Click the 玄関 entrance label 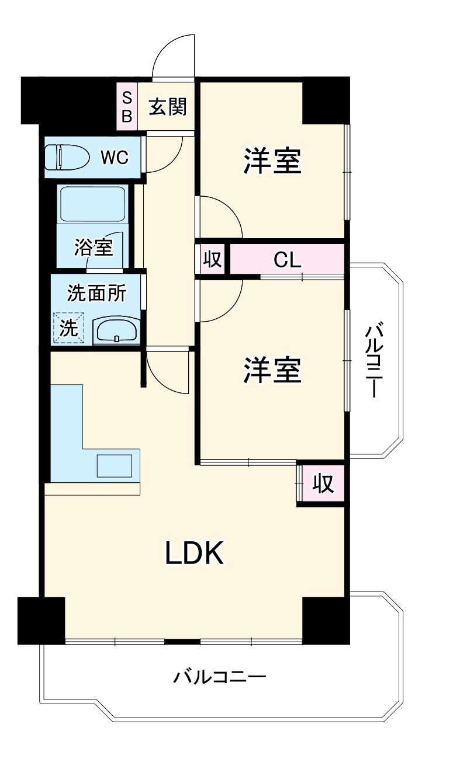coord(168,107)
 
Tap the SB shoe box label coord(127,107)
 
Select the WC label coord(115,157)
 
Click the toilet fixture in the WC coord(67,157)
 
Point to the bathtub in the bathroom coord(93,204)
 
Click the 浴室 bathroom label coord(94,247)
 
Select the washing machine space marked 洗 coord(68,328)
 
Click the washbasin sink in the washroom coord(117,330)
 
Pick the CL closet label coord(287,260)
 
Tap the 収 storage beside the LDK coord(323,483)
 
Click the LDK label coord(195,553)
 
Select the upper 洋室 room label coord(272,161)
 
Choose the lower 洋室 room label coord(272,370)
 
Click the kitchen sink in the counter coord(115,466)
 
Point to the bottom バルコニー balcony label coord(220,677)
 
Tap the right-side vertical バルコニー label coord(374,361)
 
